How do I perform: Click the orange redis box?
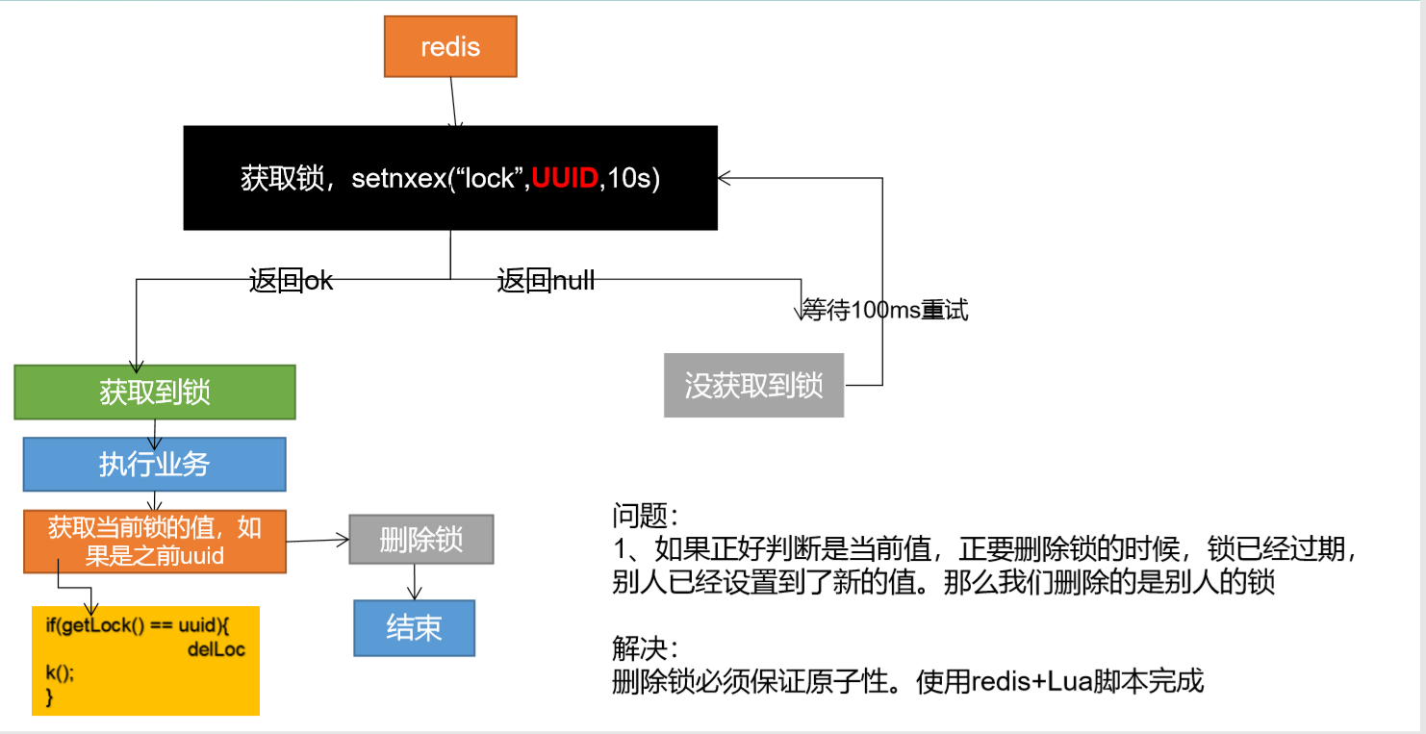450,47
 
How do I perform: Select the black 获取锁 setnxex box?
450,178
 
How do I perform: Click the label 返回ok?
291,281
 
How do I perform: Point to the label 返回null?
546,281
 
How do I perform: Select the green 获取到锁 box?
154,392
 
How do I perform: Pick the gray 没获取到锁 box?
753,385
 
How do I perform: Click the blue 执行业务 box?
154,465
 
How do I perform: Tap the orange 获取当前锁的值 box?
154,542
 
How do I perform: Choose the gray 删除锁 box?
421,540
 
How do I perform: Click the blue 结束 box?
414,627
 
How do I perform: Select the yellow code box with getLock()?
145,660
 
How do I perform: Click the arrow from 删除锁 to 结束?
416,582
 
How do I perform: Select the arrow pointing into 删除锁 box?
318,541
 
